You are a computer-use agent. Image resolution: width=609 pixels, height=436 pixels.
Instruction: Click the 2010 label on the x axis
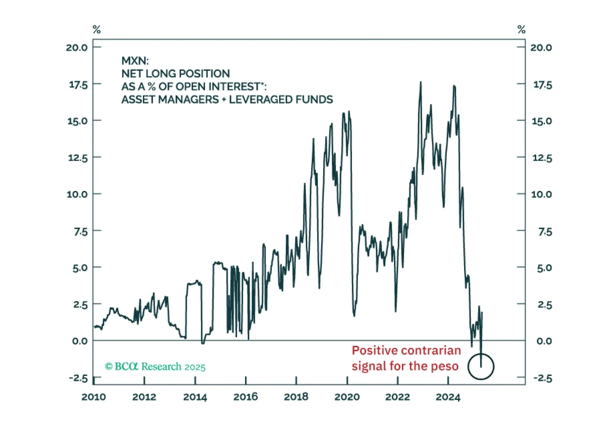(x=93, y=397)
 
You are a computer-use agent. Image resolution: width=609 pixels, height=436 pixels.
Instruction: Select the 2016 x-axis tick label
(x=245, y=397)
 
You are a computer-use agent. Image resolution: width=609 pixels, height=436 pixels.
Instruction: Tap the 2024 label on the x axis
(x=448, y=397)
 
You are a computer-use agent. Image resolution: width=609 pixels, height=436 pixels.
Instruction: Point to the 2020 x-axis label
(x=347, y=397)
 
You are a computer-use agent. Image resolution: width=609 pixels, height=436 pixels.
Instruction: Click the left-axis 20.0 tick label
(x=77, y=48)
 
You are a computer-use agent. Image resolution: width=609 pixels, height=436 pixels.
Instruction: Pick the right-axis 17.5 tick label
(x=542, y=85)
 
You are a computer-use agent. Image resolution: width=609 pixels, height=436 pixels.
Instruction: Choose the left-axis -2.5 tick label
(x=78, y=378)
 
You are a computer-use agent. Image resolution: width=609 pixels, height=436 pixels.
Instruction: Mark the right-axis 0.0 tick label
(x=544, y=341)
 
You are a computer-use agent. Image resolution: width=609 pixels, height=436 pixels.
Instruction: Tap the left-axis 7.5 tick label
(x=80, y=232)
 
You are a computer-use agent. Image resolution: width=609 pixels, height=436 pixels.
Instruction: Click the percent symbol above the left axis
(x=96, y=29)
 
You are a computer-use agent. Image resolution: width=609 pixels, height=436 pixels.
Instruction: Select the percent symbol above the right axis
(x=521, y=29)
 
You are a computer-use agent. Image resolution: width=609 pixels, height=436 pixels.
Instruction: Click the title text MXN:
(x=135, y=61)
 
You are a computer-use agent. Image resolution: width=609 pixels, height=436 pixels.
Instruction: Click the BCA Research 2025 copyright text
(x=155, y=367)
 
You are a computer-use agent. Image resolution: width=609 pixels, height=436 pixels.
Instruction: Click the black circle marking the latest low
(x=481, y=367)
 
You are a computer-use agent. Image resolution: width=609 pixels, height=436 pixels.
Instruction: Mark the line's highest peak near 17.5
(x=421, y=82)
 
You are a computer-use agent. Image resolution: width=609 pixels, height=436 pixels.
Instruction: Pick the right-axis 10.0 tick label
(x=541, y=194)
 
